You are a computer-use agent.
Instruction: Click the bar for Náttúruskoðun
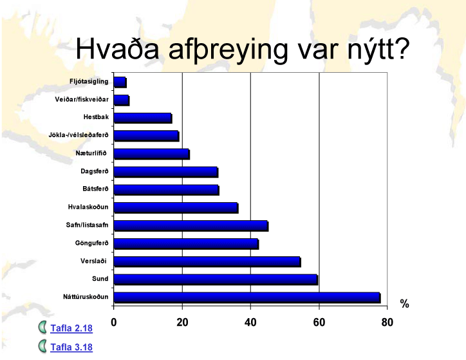pos(247,298)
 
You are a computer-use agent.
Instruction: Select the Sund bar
pos(216,279)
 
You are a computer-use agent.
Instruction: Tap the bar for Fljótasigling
pos(120,82)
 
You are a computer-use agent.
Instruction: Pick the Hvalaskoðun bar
pos(176,208)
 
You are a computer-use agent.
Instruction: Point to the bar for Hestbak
pos(144,118)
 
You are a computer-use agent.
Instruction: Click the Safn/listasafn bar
pos(191,226)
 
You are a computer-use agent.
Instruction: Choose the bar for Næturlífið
pos(152,154)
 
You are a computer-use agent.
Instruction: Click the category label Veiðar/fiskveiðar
pos(82,99)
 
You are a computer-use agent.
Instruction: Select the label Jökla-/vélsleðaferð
pos(79,135)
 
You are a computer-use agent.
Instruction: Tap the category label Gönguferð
pos(92,243)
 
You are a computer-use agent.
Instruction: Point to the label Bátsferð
pos(96,189)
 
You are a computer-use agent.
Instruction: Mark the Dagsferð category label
pos(95,171)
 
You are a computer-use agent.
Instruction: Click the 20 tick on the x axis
pos(182,322)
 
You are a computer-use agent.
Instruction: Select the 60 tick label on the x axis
pos(319,322)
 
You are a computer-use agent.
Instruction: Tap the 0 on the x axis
pos(113,322)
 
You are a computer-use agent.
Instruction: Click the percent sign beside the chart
pos(404,304)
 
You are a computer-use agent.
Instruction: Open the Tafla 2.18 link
pos(71,328)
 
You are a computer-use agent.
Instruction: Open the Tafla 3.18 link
pos(71,347)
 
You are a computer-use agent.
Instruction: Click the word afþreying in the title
pos(228,50)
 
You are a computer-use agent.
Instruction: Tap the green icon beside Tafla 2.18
pos(42,327)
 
